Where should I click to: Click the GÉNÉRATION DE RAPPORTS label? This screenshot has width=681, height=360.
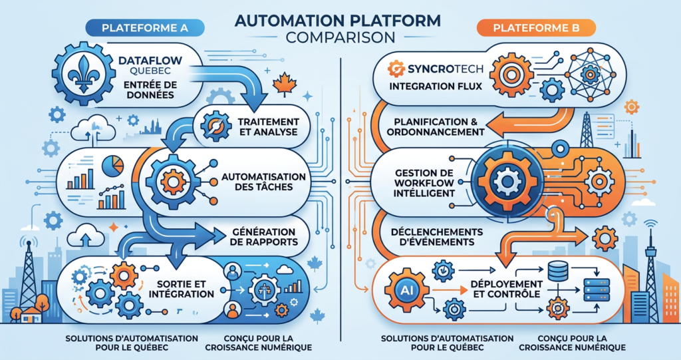click(x=266, y=237)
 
